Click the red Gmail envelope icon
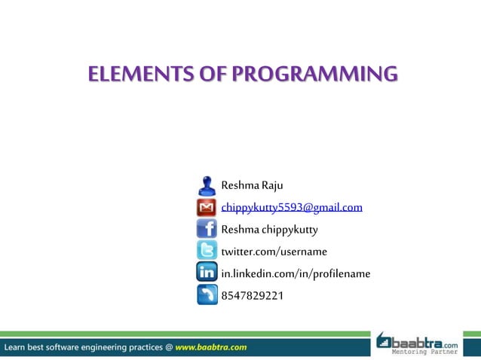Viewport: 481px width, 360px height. tap(207, 207)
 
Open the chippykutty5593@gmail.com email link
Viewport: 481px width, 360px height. tap(292, 207)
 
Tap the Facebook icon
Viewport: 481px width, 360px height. tap(207, 229)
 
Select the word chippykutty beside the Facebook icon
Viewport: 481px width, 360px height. tap(290, 229)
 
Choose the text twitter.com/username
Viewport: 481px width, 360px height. tap(274, 251)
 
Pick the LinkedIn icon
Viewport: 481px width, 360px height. tap(207, 273)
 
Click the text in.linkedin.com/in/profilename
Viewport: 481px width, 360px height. tap(295, 273)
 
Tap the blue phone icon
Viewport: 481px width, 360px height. tap(207, 294)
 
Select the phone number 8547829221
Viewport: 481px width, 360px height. tap(252, 295)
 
